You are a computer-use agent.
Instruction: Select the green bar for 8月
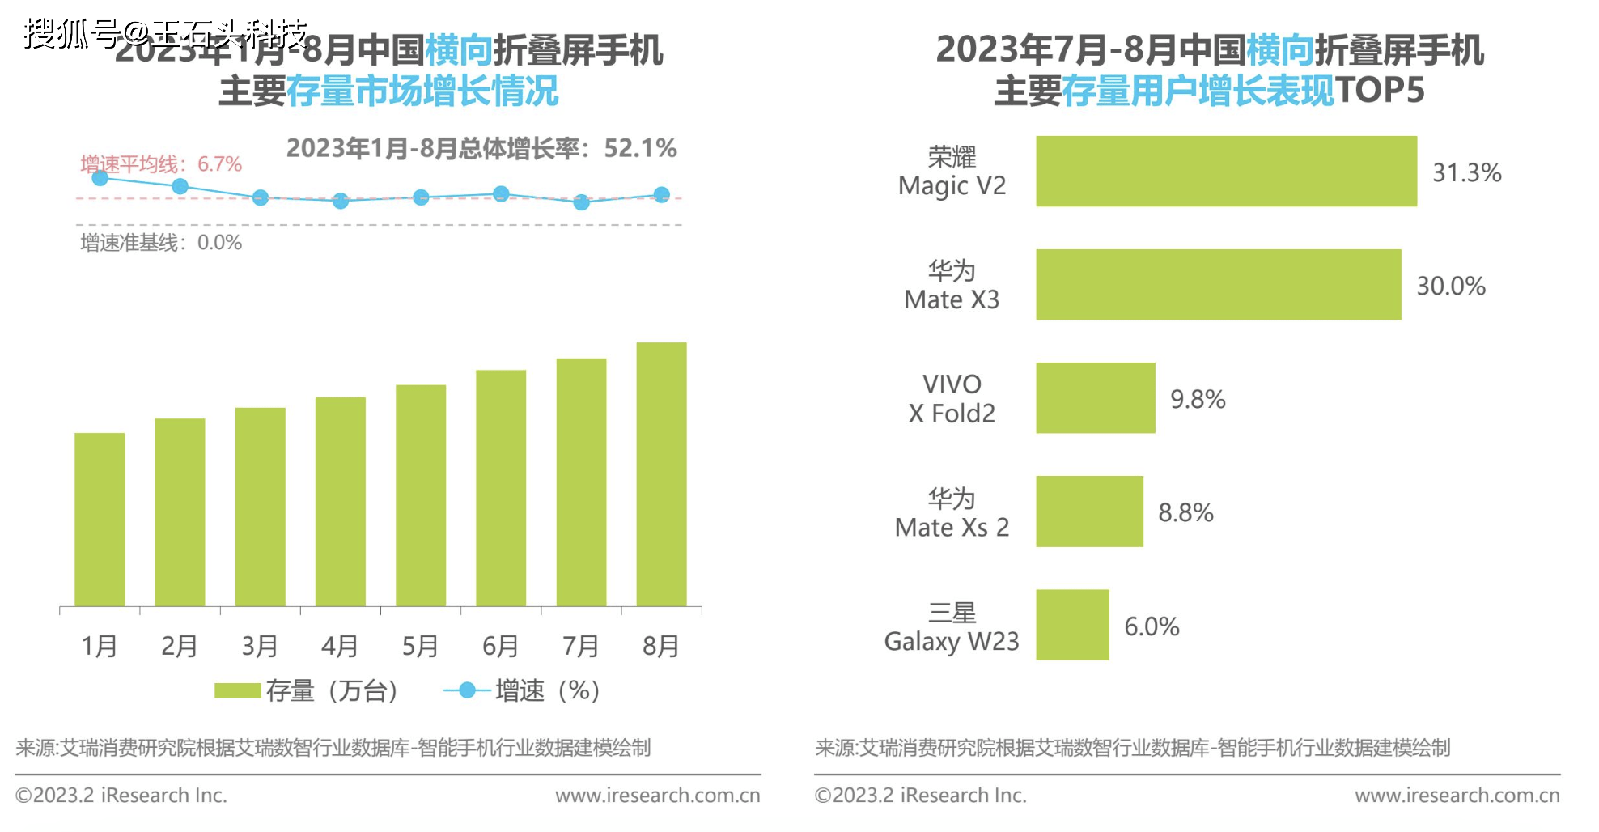[661, 474]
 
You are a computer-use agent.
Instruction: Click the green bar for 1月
[100, 520]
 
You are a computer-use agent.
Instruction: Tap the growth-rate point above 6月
[501, 194]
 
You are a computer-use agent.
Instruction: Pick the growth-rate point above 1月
[100, 178]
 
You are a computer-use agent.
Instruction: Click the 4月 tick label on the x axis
[340, 646]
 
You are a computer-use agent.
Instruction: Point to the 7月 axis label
[581, 646]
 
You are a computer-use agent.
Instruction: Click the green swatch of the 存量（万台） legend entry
[237, 690]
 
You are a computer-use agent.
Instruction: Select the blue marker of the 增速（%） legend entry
[467, 690]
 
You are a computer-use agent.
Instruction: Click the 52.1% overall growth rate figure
[640, 148]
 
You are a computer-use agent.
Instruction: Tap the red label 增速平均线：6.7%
[161, 164]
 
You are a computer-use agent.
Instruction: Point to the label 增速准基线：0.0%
[161, 243]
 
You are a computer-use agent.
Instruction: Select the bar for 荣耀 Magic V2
[1226, 172]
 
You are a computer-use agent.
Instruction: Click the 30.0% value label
[1451, 286]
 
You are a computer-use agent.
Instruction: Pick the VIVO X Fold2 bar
[1096, 398]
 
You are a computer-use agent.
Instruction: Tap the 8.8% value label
[1185, 512]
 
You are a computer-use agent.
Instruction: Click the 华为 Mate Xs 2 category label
[952, 513]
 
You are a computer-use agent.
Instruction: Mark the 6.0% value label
[1152, 626]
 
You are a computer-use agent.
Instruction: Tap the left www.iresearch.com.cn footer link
[657, 796]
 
